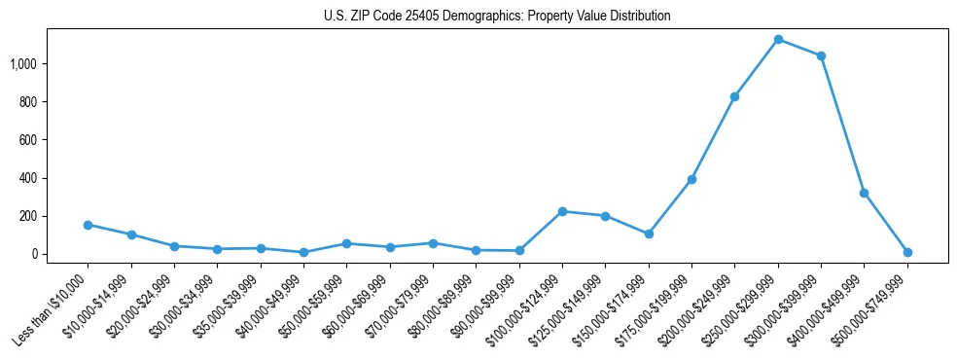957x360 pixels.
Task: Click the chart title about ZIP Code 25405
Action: pyautogui.click(x=497, y=17)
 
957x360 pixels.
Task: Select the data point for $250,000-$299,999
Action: pyautogui.click(x=778, y=39)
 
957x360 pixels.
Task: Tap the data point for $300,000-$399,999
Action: pyautogui.click(x=821, y=55)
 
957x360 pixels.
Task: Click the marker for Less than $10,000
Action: pyautogui.click(x=88, y=225)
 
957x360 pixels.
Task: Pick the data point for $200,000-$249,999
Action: pyautogui.click(x=735, y=96)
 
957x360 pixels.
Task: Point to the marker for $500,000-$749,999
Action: pyautogui.click(x=907, y=252)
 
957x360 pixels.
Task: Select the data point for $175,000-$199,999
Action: pyautogui.click(x=691, y=179)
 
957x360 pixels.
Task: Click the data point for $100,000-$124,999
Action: pyautogui.click(x=562, y=211)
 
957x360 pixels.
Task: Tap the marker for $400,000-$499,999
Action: pyautogui.click(x=864, y=193)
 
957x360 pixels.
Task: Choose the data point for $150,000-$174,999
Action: pyautogui.click(x=649, y=234)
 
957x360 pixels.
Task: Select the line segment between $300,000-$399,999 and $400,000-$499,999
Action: pyautogui.click(x=842, y=125)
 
